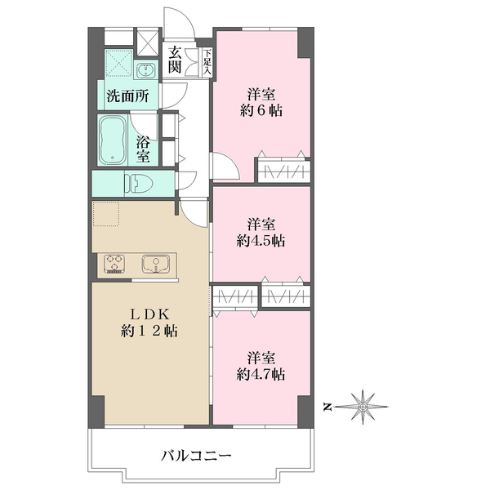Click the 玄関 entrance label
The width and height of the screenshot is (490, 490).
[x=175, y=60]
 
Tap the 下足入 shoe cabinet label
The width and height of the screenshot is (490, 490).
[x=207, y=61]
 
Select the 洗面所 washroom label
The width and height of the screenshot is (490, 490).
[x=127, y=96]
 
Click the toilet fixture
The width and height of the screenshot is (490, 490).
[x=138, y=183]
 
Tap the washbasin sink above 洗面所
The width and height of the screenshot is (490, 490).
[x=145, y=69]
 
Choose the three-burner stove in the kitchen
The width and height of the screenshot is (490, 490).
[x=114, y=264]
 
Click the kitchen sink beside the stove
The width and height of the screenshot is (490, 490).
[x=156, y=264]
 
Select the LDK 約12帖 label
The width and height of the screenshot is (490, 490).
[x=149, y=323]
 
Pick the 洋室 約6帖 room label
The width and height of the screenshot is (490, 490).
[x=261, y=103]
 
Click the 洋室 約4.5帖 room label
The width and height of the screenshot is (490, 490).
[x=261, y=233]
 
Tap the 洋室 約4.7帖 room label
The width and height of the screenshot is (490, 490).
[x=261, y=366]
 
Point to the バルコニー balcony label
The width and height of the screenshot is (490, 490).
[x=196, y=456]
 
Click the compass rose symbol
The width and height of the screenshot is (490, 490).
[x=363, y=407]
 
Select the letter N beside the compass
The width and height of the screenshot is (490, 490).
[x=327, y=407]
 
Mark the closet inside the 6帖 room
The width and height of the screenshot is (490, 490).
[x=283, y=171]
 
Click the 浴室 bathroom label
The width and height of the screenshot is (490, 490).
[x=143, y=150]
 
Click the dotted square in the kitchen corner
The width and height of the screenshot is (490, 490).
[x=106, y=214]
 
